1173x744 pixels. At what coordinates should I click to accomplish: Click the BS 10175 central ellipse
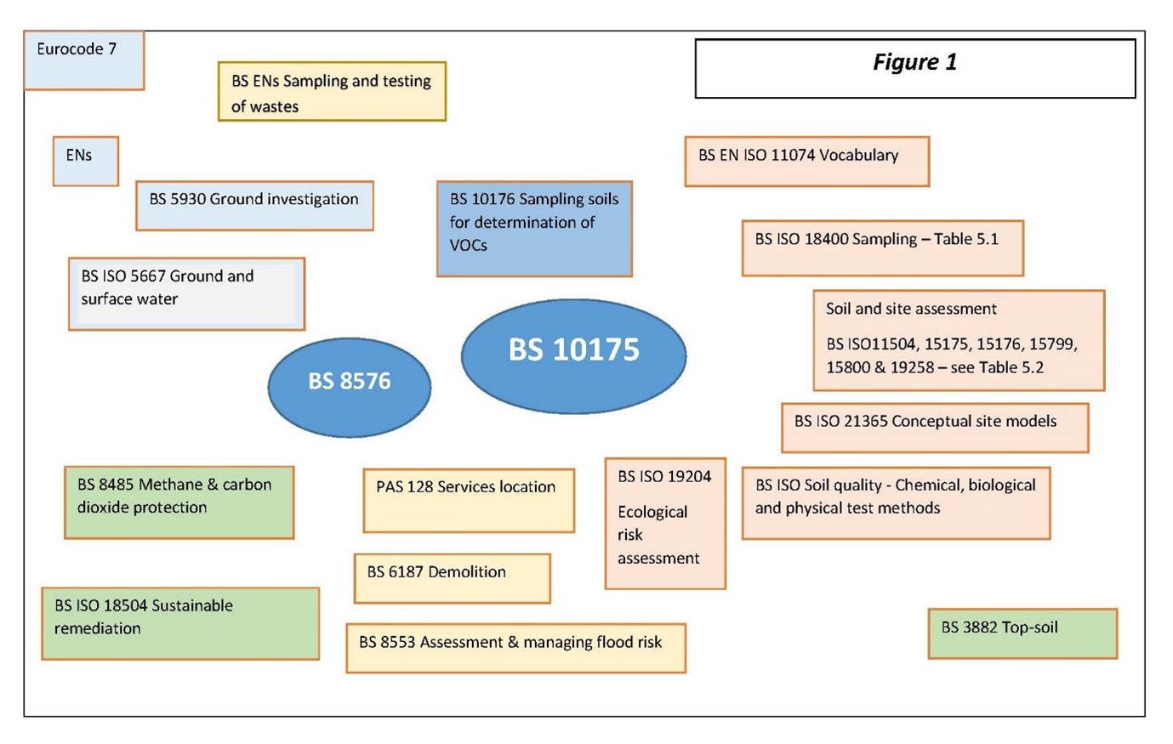[573, 356]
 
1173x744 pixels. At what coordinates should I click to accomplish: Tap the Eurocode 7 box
[83, 60]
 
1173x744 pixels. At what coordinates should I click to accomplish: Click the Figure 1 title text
[914, 62]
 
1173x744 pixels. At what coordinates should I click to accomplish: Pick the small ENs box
[85, 161]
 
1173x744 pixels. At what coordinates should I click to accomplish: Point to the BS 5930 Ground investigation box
[254, 205]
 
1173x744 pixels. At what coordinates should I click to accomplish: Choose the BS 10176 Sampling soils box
[534, 228]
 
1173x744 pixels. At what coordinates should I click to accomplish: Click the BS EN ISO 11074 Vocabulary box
[806, 161]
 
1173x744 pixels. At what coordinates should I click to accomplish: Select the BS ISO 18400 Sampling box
[882, 247]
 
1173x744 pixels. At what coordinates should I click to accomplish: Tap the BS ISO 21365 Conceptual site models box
[934, 427]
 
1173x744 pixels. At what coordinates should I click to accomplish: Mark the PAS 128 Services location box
[469, 500]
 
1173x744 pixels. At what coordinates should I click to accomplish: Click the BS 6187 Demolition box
[452, 578]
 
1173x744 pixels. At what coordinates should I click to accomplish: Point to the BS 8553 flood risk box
[515, 648]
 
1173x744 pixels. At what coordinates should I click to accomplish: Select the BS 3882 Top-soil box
[1022, 633]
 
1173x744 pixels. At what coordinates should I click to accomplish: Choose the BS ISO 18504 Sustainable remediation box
[180, 623]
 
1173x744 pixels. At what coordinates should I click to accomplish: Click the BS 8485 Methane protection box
[179, 502]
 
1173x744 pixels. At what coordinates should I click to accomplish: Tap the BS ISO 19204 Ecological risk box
[665, 523]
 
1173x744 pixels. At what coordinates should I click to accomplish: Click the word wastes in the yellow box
[278, 107]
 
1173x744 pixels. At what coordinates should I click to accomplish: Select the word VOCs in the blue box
[469, 246]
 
